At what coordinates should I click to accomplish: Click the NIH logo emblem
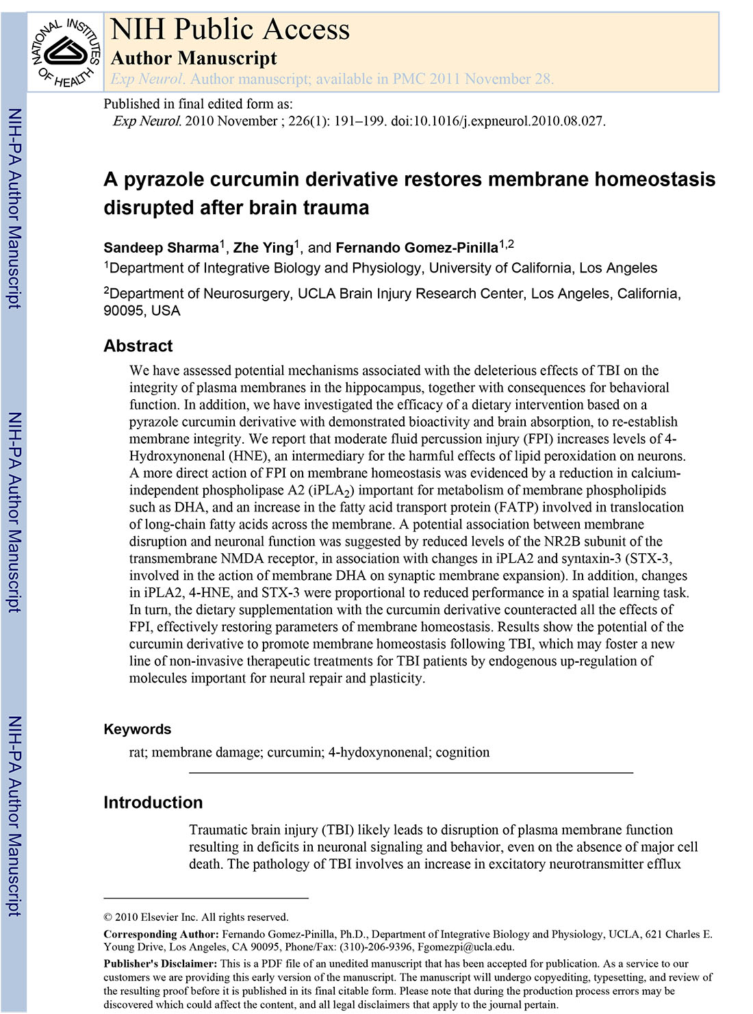[x=66, y=51]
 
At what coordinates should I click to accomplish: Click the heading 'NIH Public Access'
[x=230, y=29]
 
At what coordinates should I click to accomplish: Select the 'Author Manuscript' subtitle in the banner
[x=194, y=58]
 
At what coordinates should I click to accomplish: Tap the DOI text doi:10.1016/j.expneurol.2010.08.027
[x=498, y=121]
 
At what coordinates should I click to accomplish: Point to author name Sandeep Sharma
[x=161, y=248]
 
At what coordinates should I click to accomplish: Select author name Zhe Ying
[x=263, y=248]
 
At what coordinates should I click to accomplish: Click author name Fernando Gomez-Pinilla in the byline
[x=416, y=248]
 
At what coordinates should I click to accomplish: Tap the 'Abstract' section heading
[x=138, y=346]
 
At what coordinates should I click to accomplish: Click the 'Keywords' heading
[x=138, y=729]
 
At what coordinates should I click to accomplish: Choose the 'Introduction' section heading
[x=153, y=802]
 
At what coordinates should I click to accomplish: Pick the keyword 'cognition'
[x=463, y=752]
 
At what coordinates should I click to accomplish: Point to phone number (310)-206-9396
[x=370, y=948]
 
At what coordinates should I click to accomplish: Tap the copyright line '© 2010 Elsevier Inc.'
[x=196, y=917]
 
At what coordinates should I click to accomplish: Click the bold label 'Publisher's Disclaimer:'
[x=160, y=964]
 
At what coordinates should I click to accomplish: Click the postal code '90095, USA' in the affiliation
[x=142, y=311]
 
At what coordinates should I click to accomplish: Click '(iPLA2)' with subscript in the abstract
[x=331, y=490]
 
